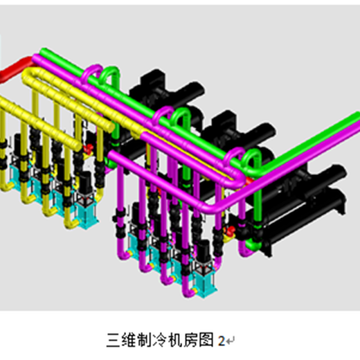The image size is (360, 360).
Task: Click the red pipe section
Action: (x=16, y=68)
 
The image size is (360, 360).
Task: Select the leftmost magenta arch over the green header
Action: (x=92, y=71)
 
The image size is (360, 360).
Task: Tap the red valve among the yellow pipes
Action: (x=88, y=149)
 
